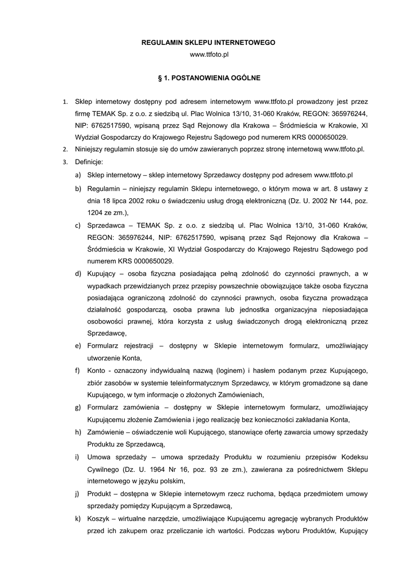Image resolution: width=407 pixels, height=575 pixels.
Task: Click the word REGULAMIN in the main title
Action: pyautogui.click(x=160, y=42)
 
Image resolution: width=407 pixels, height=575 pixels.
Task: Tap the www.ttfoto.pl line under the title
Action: pyautogui.click(x=209, y=54)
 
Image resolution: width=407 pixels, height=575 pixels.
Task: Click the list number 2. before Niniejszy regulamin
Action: pyautogui.click(x=65, y=149)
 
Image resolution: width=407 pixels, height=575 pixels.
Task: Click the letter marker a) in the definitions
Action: pyautogui.click(x=77, y=175)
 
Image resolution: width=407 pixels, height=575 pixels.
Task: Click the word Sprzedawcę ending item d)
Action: pyautogui.click(x=106, y=333)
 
